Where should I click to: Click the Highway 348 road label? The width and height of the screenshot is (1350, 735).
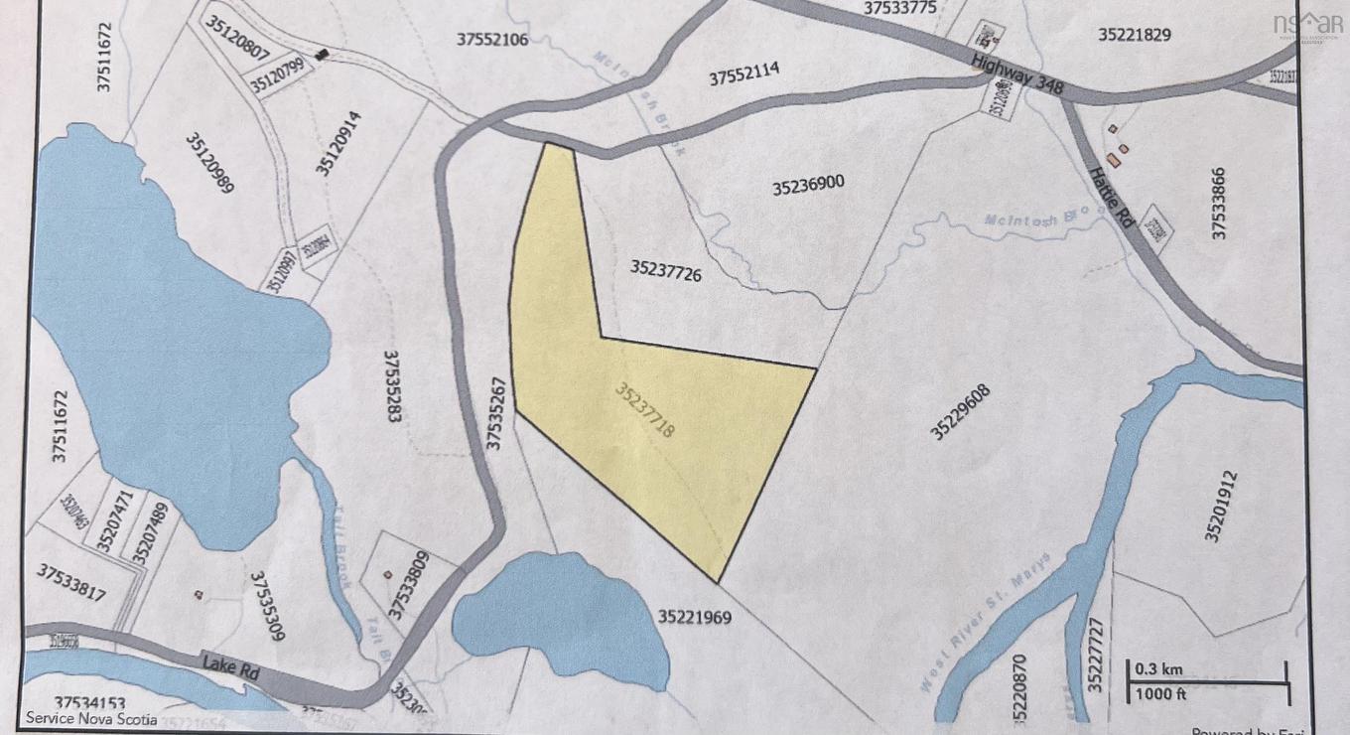[x=1017, y=75]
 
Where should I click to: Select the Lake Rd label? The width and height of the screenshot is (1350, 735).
[x=230, y=665]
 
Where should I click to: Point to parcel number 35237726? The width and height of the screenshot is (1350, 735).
[x=665, y=270]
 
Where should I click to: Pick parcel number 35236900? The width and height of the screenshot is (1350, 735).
[x=808, y=186]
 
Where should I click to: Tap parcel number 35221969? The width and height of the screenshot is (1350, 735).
[x=694, y=617]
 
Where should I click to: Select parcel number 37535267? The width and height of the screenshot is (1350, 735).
[x=497, y=412]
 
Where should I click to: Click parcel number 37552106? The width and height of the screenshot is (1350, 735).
[x=492, y=40]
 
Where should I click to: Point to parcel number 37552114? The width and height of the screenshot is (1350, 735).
[x=743, y=74]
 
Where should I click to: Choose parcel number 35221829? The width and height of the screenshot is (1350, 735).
[x=1135, y=35]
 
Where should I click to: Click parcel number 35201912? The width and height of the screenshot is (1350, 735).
[x=1222, y=507]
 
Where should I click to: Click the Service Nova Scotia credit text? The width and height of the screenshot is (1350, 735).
[x=91, y=718]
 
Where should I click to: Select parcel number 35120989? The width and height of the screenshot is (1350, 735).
[x=208, y=163]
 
